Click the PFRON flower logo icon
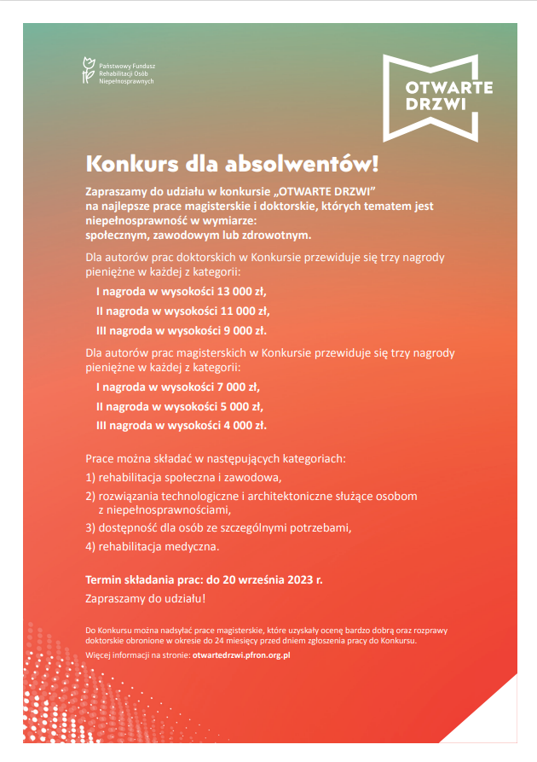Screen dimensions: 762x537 (x=86, y=71)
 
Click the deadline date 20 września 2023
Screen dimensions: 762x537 (x=268, y=579)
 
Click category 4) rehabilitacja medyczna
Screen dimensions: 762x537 (x=153, y=547)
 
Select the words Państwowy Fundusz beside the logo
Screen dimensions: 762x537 (x=127, y=66)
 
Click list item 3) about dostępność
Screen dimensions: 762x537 (x=218, y=527)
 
